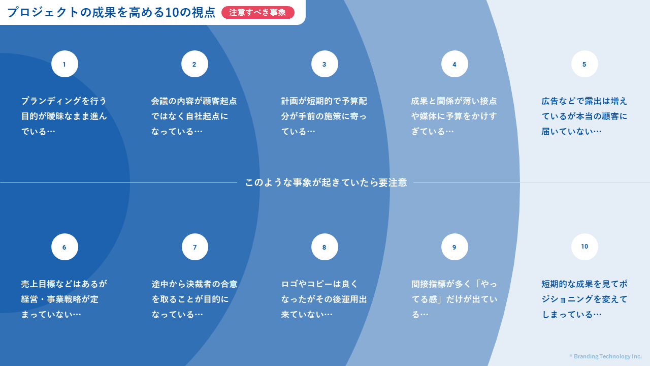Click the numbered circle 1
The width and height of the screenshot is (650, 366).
click(x=64, y=64)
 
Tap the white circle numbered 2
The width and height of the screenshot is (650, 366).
click(x=194, y=64)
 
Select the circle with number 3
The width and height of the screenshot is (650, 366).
click(x=324, y=64)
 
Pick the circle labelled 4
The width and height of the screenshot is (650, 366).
click(x=454, y=64)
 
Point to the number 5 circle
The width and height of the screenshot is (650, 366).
click(x=584, y=64)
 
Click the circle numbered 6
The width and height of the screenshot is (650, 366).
click(x=64, y=247)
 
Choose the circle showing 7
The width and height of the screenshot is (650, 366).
click(x=194, y=247)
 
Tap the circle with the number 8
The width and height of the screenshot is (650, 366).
click(x=324, y=247)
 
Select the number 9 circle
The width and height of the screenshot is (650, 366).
click(x=454, y=247)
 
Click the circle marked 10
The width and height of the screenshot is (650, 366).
click(x=584, y=247)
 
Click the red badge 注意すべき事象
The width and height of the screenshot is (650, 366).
click(x=257, y=13)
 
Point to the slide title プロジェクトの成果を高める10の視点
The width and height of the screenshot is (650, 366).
click(x=111, y=13)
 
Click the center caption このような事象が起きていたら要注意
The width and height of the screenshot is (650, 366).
click(x=326, y=182)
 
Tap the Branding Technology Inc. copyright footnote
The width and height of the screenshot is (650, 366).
click(x=606, y=356)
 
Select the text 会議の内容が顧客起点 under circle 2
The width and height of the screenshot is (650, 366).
click(x=194, y=101)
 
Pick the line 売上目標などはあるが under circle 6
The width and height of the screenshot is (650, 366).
click(x=64, y=284)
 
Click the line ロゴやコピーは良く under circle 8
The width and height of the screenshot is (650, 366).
click(x=319, y=284)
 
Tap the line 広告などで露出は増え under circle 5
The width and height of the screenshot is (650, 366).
click(x=584, y=101)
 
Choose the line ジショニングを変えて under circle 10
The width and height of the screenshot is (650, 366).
click(x=584, y=299)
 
